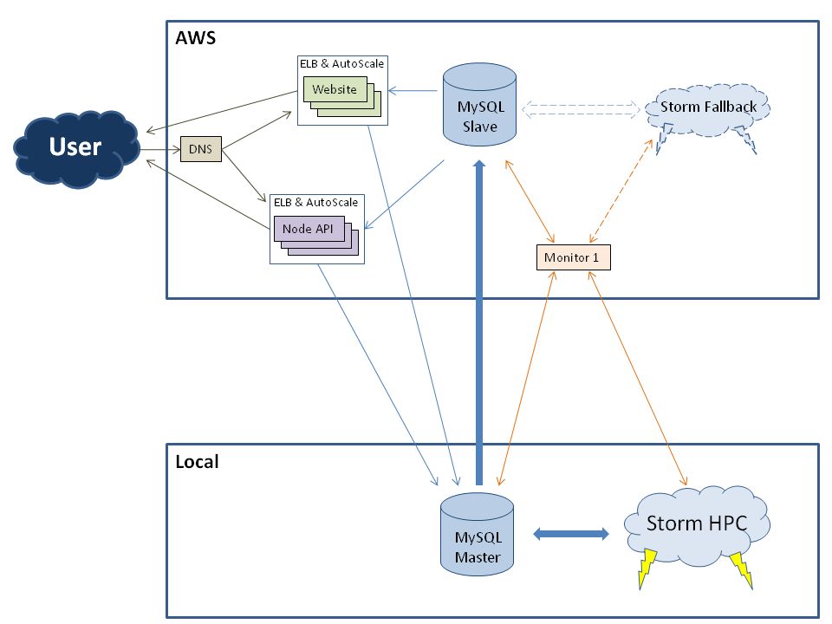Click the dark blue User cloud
pos(75,147)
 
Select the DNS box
pos(199,150)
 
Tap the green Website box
pos(335,89)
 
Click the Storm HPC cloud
pos(696,523)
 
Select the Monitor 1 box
pos(573,257)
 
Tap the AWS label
pos(195,38)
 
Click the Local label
pos(197,462)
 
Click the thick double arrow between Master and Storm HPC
pos(569,534)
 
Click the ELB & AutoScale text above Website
pos(341,63)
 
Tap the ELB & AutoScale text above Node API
pos(315,202)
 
